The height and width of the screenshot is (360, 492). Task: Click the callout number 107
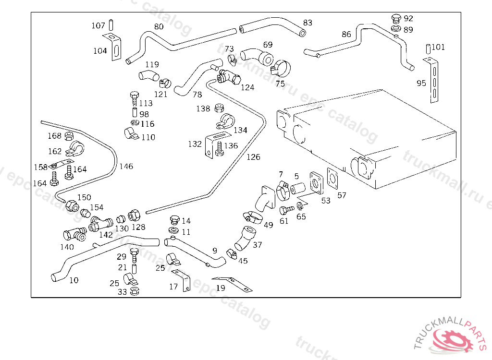(98, 25)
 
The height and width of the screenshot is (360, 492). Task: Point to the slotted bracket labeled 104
(116, 48)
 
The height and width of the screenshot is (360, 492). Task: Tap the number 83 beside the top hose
(307, 23)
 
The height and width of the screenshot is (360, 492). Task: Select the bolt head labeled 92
(396, 19)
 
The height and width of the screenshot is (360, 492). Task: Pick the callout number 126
(253, 157)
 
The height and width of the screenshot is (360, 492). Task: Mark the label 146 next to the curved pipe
(126, 167)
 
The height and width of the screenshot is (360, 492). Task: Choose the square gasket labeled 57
(332, 178)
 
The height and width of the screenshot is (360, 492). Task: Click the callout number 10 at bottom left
(74, 280)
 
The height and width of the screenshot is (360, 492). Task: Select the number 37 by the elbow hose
(258, 245)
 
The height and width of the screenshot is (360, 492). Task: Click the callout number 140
(67, 247)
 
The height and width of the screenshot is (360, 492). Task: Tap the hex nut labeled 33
(135, 290)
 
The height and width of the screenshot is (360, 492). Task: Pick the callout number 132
(195, 144)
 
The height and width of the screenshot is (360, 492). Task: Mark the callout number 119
(152, 65)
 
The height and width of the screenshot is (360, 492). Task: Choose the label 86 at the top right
(346, 35)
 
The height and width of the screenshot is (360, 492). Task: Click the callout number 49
(268, 225)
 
